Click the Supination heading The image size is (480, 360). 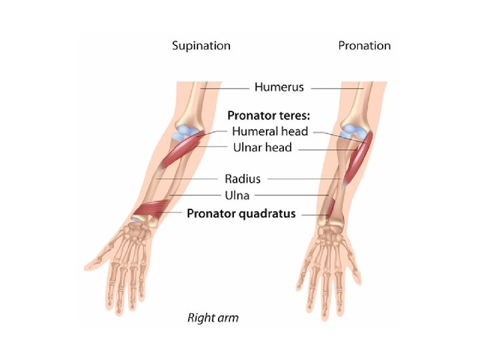(201, 46)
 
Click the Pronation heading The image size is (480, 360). (364, 46)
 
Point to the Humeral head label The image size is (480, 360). (270, 132)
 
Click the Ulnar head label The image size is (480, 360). (261, 147)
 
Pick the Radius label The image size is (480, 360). (243, 179)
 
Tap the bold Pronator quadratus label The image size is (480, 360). (241, 214)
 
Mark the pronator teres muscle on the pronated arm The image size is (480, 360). (360, 160)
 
